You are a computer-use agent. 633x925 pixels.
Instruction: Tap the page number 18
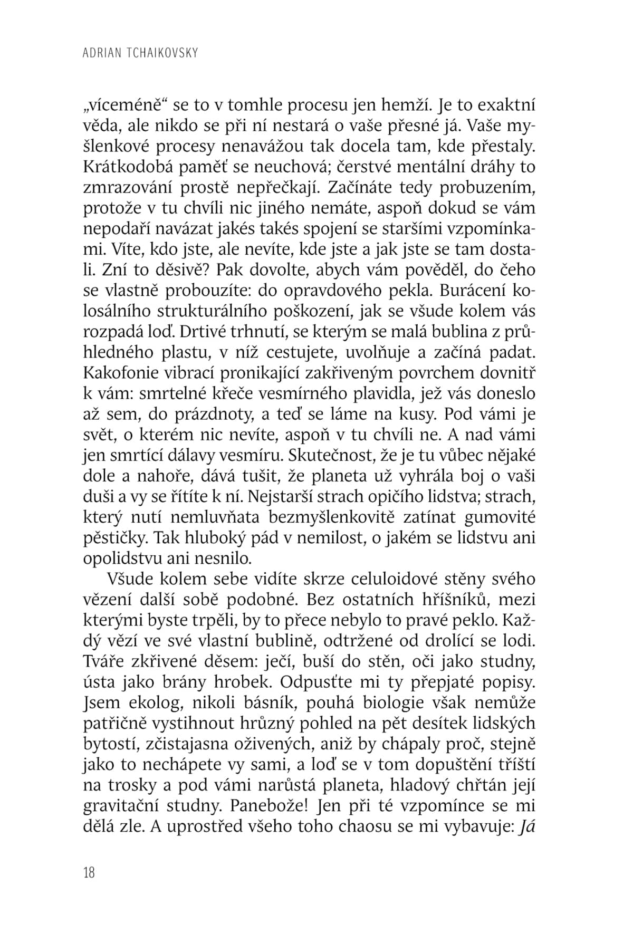89,872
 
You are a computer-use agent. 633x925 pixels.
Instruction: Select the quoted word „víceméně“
126,105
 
